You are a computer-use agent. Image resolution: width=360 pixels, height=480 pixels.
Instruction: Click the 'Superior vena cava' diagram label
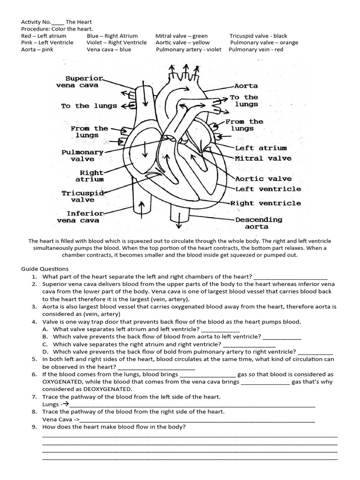pyautogui.click(x=84, y=82)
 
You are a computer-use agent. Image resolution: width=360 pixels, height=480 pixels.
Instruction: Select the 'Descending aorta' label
pyautogui.click(x=258, y=223)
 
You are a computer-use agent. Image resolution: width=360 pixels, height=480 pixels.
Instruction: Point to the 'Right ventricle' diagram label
pyautogui.click(x=265, y=203)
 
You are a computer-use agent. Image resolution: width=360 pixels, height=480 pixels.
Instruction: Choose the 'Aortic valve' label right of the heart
pyautogui.click(x=263, y=179)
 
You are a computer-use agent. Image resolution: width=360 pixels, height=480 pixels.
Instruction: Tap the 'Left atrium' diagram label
pyautogui.click(x=261, y=148)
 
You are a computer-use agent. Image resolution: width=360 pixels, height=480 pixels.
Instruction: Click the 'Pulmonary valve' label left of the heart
pyautogui.click(x=82, y=156)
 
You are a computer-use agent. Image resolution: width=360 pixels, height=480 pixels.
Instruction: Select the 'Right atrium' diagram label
pyautogui.click(x=91, y=176)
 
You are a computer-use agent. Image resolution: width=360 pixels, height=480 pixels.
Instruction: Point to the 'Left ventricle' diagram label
pyautogui.click(x=268, y=189)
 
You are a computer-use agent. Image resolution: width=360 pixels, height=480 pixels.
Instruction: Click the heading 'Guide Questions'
pyautogui.click(x=45, y=269)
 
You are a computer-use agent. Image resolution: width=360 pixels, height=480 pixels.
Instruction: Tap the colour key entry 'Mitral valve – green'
pyautogui.click(x=181, y=36)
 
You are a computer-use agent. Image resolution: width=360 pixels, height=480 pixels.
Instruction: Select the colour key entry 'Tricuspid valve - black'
pyautogui.click(x=258, y=36)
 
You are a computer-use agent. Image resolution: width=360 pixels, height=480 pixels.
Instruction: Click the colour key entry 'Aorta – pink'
pyautogui.click(x=37, y=49)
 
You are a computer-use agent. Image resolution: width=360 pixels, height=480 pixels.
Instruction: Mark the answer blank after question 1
pyautogui.click(x=290, y=277)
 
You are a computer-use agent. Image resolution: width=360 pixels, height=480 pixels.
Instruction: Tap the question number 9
pyautogui.click(x=34, y=427)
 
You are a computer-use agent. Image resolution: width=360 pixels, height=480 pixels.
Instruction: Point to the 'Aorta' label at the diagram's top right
pyautogui.click(x=246, y=86)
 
